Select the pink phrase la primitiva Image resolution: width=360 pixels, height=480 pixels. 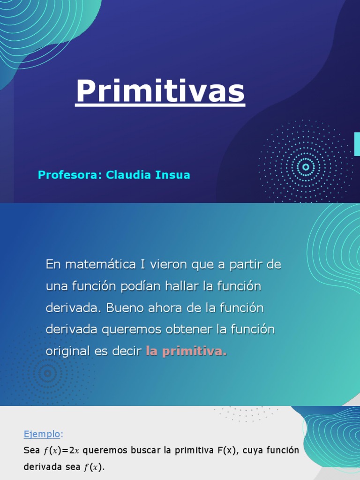[x=186, y=351]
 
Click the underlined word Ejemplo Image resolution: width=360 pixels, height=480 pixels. [x=42, y=434]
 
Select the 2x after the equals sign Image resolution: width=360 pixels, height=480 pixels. [x=74, y=451]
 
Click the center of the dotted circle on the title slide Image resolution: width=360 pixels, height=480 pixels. [x=306, y=167]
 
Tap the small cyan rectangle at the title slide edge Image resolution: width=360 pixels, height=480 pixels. [x=357, y=144]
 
